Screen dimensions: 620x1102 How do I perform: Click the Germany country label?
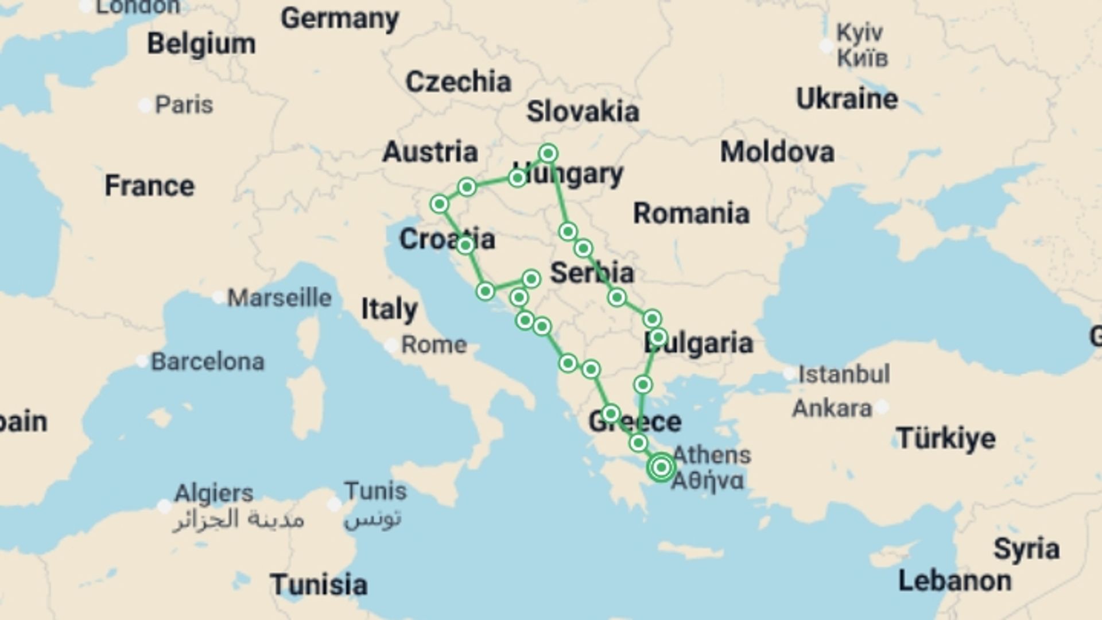(340, 19)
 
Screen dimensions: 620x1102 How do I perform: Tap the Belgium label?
(201, 44)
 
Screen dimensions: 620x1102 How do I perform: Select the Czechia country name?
(458, 82)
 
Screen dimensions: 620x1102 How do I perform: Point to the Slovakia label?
(583, 111)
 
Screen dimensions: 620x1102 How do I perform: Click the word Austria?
(430, 152)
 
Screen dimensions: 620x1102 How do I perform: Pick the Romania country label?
(691, 214)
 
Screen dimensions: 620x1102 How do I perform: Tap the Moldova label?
(777, 152)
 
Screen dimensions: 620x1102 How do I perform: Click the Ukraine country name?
(847, 99)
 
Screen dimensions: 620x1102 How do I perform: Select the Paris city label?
(184, 105)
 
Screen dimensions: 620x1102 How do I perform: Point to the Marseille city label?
(279, 298)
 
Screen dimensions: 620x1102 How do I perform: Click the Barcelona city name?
(207, 362)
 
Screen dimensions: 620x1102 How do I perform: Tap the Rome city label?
(433, 345)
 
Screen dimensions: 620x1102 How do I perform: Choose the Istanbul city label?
(844, 374)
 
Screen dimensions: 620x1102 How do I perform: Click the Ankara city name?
(832, 409)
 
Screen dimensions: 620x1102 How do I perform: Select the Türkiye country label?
(946, 439)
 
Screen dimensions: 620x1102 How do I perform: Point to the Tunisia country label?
(319, 585)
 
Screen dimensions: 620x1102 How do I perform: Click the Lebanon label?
(954, 581)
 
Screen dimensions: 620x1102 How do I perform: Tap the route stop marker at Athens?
(661, 467)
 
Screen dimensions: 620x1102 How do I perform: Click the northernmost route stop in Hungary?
(548, 153)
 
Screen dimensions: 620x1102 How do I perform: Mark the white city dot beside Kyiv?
(826, 45)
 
